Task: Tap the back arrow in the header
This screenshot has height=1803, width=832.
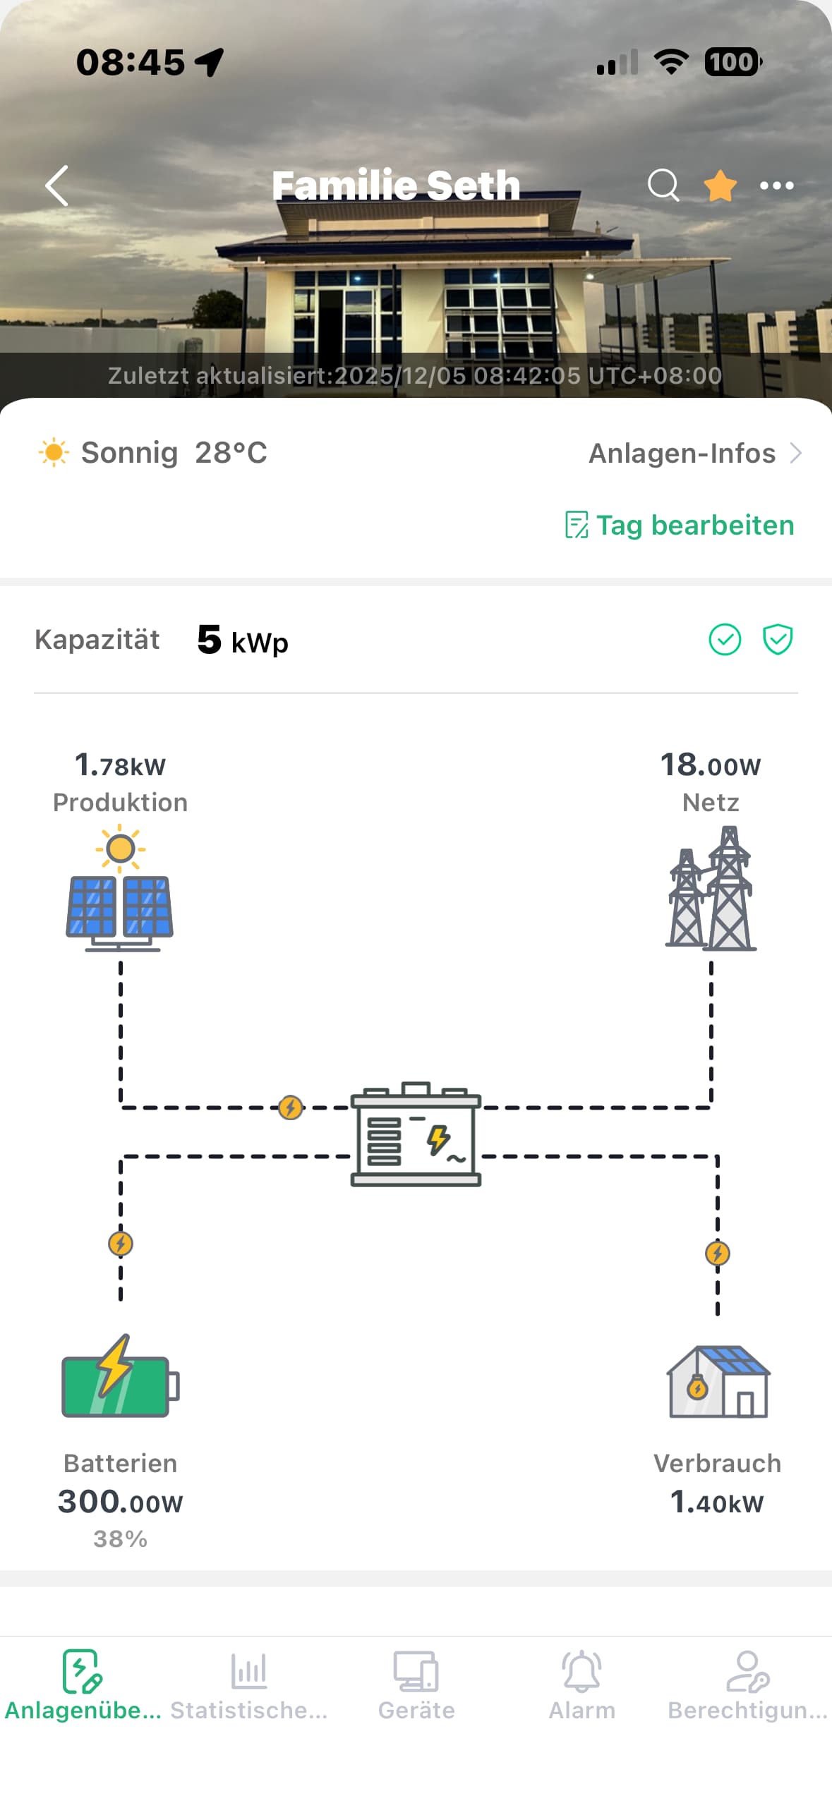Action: [57, 186]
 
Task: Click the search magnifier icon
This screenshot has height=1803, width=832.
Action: [663, 186]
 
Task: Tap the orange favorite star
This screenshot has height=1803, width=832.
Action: [720, 186]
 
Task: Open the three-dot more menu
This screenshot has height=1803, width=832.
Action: [776, 186]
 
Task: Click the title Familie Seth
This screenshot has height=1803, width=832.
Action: [396, 186]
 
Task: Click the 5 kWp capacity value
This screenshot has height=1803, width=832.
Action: [242, 641]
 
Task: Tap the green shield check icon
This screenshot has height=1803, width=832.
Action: [777, 640]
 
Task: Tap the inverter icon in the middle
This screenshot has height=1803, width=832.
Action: [416, 1134]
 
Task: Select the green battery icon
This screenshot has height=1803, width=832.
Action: [120, 1377]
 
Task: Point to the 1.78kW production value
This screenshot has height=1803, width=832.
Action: [120, 765]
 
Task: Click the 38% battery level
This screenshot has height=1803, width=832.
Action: [120, 1538]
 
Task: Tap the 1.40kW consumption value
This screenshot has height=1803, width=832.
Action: [717, 1502]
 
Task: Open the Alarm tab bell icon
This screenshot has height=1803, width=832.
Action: [581, 1671]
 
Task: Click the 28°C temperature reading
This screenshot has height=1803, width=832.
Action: [231, 453]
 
